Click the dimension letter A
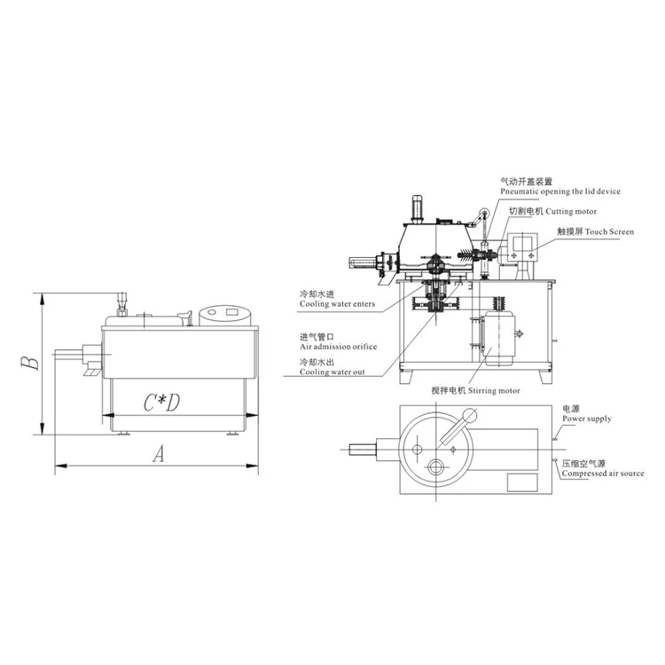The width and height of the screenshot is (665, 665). pyautogui.click(x=159, y=455)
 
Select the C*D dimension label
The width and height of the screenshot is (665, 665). pyautogui.click(x=162, y=402)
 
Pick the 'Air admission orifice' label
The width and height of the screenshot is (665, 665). pyautogui.click(x=338, y=347)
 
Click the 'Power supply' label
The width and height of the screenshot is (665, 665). pyautogui.click(x=586, y=419)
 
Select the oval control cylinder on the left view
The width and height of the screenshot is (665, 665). pyautogui.click(x=226, y=315)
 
